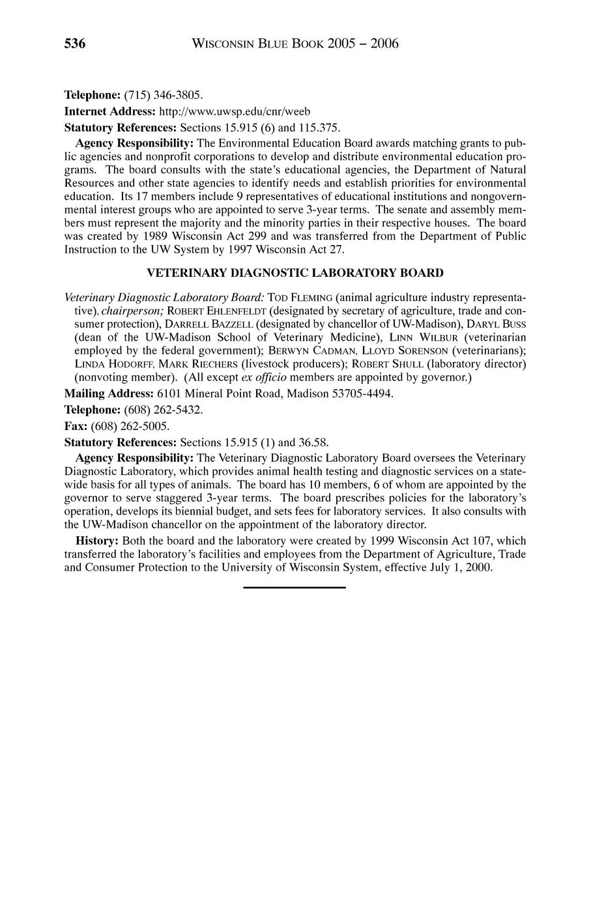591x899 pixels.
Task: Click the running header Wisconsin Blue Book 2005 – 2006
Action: pyautogui.click(x=295, y=44)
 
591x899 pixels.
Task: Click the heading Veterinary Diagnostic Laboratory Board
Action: pyautogui.click(x=295, y=272)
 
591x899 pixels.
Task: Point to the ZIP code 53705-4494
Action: pyautogui.click(x=362, y=394)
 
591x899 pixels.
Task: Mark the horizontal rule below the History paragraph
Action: pyautogui.click(x=295, y=588)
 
